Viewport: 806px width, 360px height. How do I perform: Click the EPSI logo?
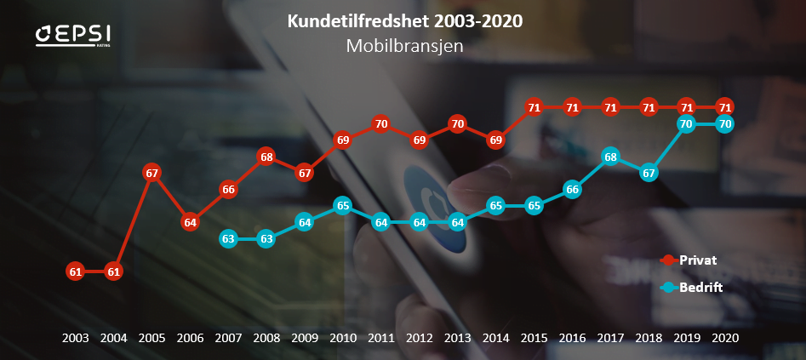(73, 35)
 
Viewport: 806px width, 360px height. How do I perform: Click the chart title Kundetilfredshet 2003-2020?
(405, 20)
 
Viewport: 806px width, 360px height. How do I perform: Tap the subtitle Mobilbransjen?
(405, 46)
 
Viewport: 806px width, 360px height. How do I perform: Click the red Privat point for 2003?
(76, 272)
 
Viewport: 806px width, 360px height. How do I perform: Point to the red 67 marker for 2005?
(152, 173)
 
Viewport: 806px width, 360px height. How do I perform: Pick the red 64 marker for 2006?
(191, 222)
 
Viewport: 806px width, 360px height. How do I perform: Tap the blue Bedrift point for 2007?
(228, 239)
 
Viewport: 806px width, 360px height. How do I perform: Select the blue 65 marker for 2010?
(343, 205)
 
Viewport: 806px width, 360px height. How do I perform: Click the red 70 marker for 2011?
(381, 123)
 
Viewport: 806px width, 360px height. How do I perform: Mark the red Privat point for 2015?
(534, 107)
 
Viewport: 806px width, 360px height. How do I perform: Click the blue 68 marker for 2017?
(610, 157)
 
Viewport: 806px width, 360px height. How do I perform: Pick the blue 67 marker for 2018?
(649, 173)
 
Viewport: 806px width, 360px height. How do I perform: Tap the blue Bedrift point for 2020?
(725, 123)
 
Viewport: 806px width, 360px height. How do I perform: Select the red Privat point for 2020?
(725, 107)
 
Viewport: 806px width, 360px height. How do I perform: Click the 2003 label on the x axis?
(76, 338)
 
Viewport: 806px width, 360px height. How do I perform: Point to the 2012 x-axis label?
(420, 338)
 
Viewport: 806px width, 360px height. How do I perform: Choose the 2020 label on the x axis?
(725, 338)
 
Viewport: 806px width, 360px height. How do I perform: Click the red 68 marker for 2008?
(266, 157)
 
